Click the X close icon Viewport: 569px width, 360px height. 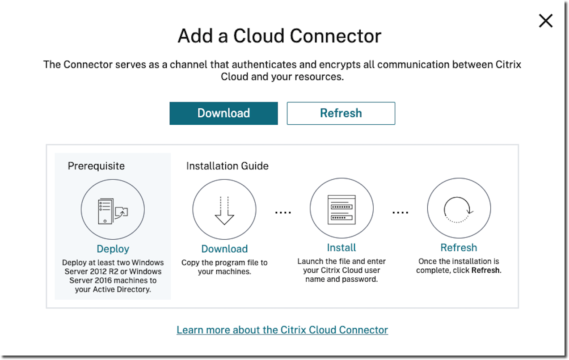[546, 21]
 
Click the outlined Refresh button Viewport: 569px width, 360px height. [341, 113]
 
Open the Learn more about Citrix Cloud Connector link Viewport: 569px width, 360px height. [282, 330]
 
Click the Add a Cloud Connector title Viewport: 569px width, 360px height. [279, 36]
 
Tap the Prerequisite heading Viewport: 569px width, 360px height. [96, 166]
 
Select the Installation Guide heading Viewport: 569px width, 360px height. [227, 166]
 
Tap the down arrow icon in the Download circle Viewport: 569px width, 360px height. [224, 211]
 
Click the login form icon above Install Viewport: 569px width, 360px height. [341, 210]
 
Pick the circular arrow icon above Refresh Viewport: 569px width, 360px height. [459, 209]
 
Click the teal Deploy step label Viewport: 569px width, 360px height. [113, 249]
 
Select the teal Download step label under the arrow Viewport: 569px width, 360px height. [224, 249]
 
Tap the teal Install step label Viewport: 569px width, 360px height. [341, 248]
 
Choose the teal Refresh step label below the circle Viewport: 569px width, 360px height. [459, 248]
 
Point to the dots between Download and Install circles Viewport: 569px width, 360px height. [283, 212]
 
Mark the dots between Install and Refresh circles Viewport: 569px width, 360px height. [400, 212]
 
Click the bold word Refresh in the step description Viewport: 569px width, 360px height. [485, 271]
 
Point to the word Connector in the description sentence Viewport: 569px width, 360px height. [89, 64]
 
